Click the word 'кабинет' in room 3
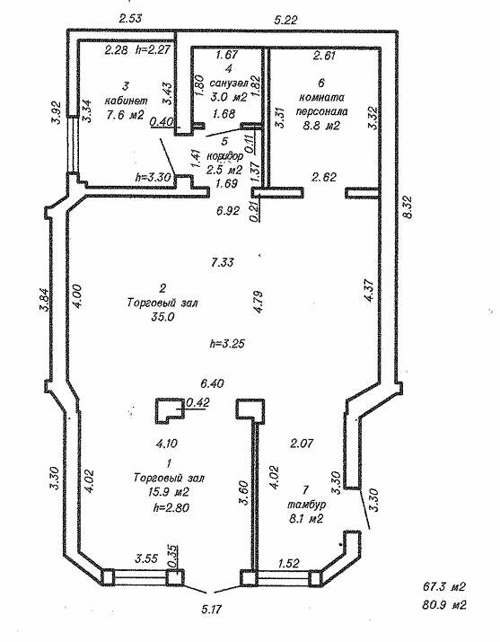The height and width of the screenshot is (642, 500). click(127, 101)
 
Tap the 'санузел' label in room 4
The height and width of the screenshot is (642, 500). click(229, 84)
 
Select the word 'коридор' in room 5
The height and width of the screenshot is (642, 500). click(225, 156)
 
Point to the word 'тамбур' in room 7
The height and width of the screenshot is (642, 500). click(306, 505)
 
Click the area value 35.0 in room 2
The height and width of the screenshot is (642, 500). click(162, 316)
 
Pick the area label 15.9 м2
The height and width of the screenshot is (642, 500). click(169, 492)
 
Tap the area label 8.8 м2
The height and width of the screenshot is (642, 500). click(321, 126)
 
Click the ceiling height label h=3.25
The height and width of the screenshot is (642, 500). click(227, 343)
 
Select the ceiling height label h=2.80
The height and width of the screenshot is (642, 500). click(171, 507)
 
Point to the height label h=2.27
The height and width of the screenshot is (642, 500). click(153, 50)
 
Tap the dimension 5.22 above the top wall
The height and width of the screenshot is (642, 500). click(285, 19)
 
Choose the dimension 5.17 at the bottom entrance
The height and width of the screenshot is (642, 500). click(212, 609)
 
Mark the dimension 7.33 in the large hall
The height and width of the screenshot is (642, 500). click(223, 262)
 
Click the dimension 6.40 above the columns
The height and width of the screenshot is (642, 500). click(212, 384)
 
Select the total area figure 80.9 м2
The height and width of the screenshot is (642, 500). click(444, 604)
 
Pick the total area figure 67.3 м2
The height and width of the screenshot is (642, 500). click(444, 587)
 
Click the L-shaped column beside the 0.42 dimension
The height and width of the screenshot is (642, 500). click(169, 411)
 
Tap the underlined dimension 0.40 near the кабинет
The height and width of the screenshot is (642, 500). click(162, 121)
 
